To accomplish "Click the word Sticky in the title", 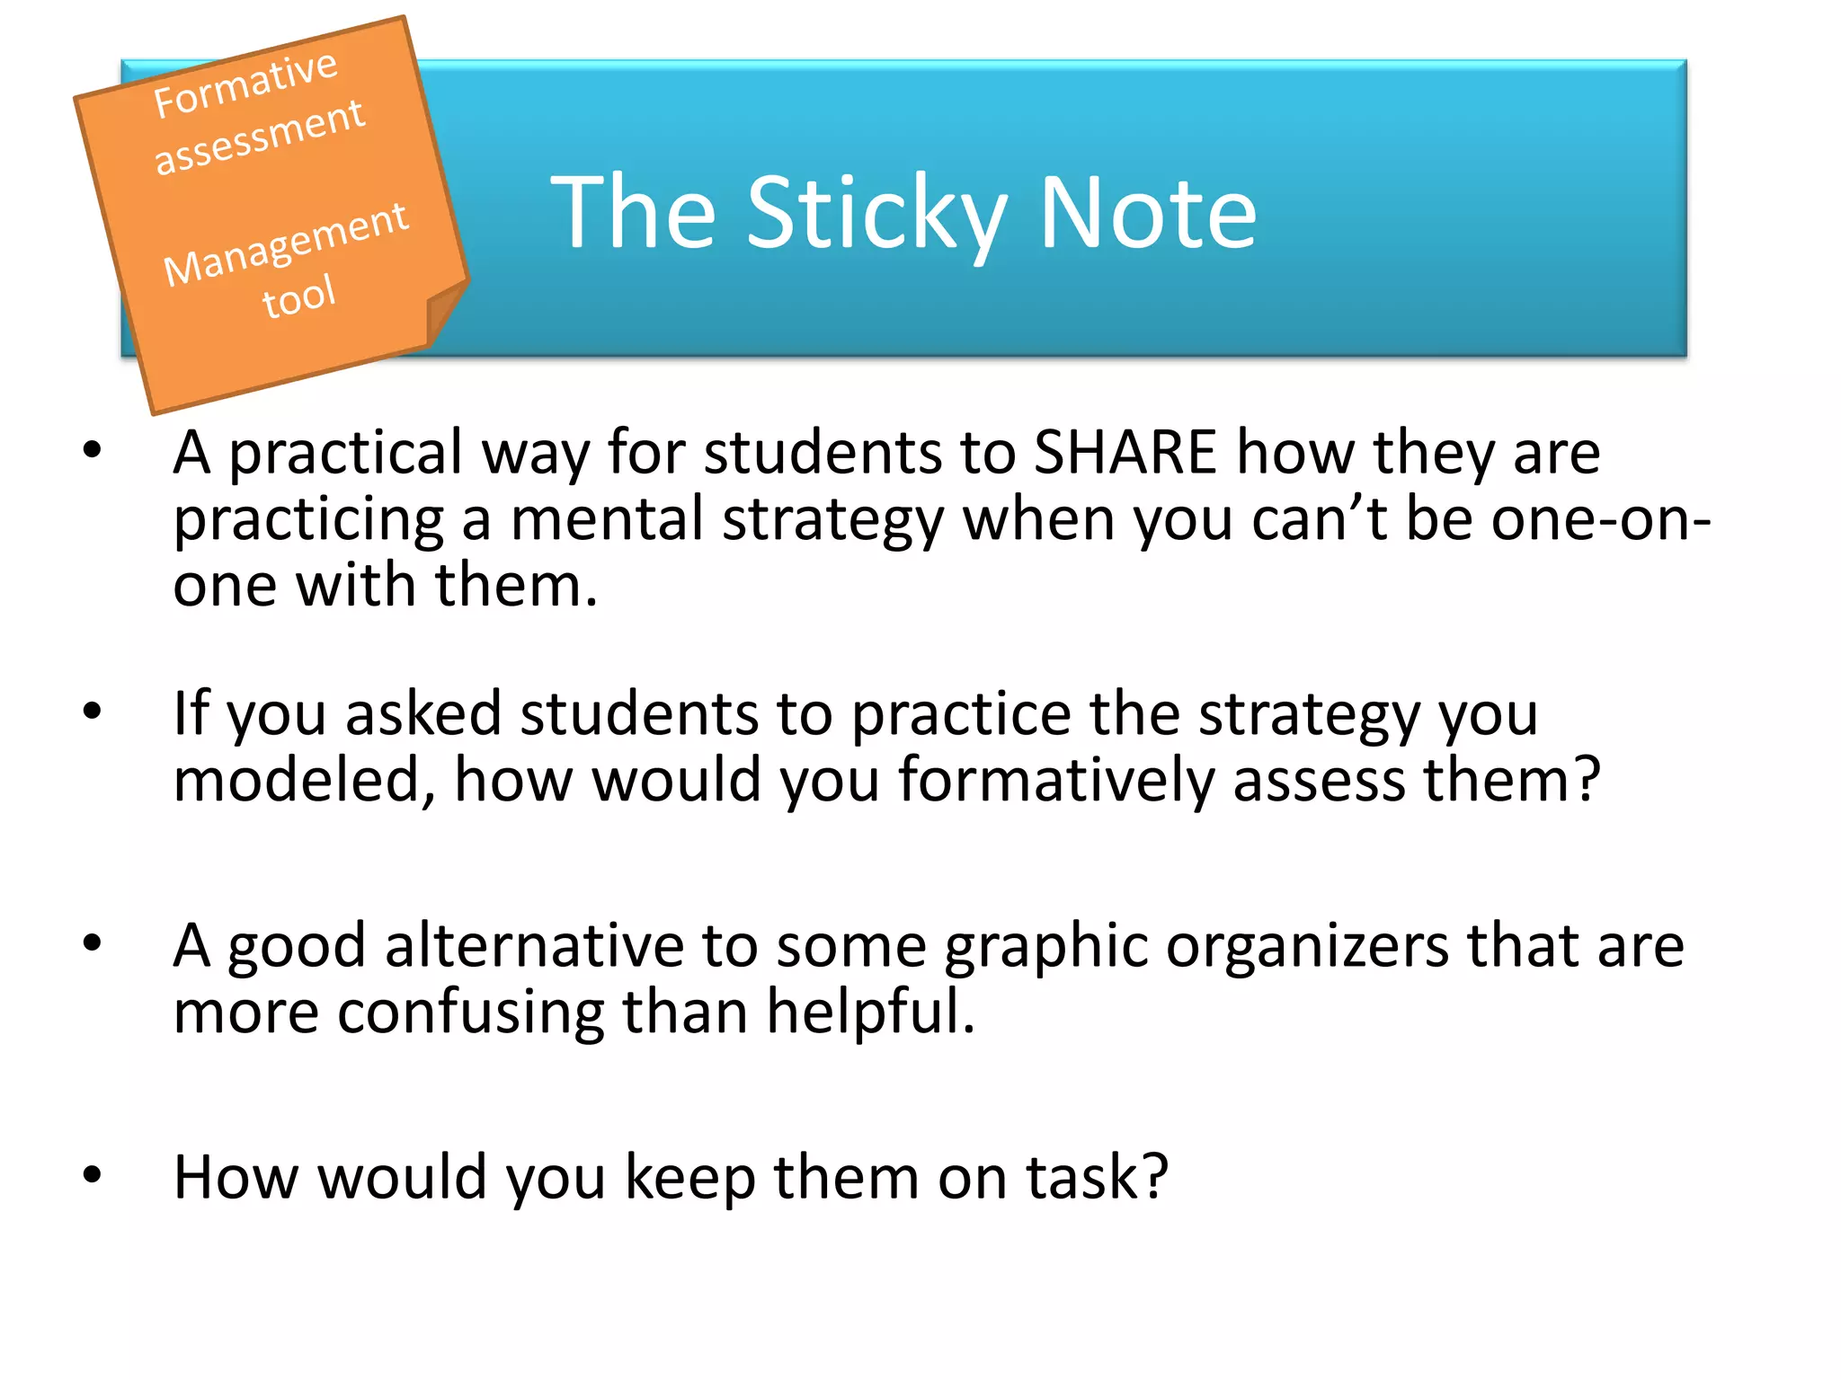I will (x=876, y=213).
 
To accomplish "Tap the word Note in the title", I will (x=1148, y=213).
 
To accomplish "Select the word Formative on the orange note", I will (x=245, y=84).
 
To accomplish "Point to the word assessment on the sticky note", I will (x=259, y=137).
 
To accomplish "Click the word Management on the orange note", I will (x=285, y=243).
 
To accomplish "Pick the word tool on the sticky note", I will (x=298, y=296).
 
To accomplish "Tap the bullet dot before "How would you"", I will (x=93, y=1175).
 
